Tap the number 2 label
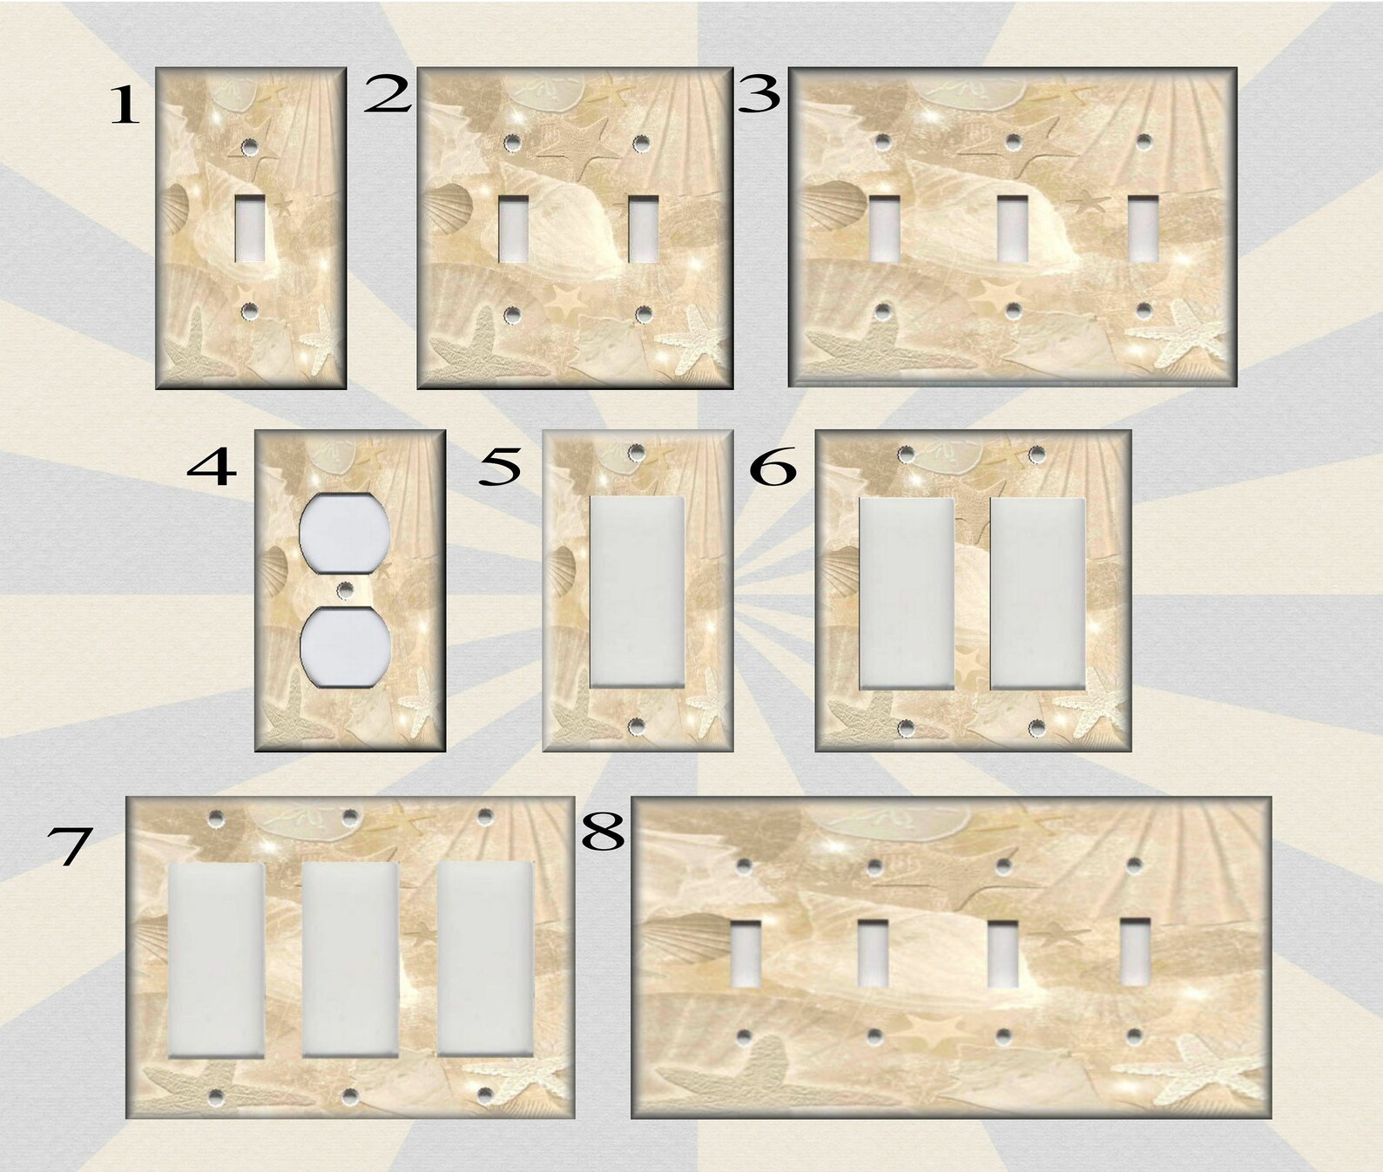(388, 95)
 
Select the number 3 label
(759, 95)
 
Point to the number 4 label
(212, 467)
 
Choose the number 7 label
(69, 845)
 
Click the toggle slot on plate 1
(251, 228)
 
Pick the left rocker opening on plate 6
(907, 594)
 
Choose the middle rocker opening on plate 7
(350, 960)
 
